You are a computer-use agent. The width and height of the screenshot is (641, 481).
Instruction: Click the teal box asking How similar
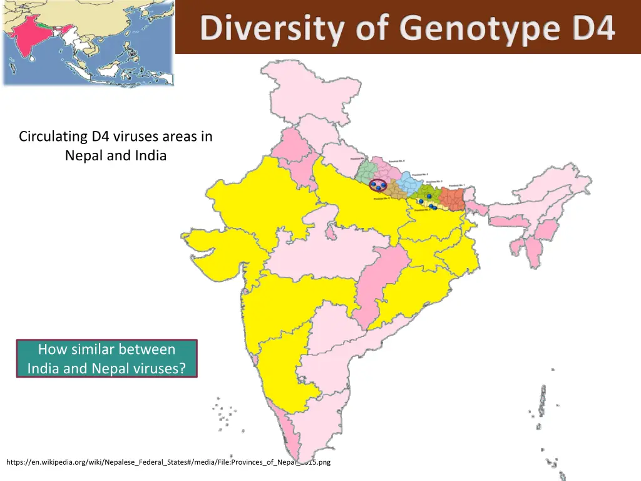pos(106,358)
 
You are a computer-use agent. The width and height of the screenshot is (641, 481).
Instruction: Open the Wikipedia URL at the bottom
pos(168,462)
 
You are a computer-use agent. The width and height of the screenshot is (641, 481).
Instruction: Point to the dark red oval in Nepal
pos(377,185)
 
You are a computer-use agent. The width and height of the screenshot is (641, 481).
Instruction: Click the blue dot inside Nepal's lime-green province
pos(429,197)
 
